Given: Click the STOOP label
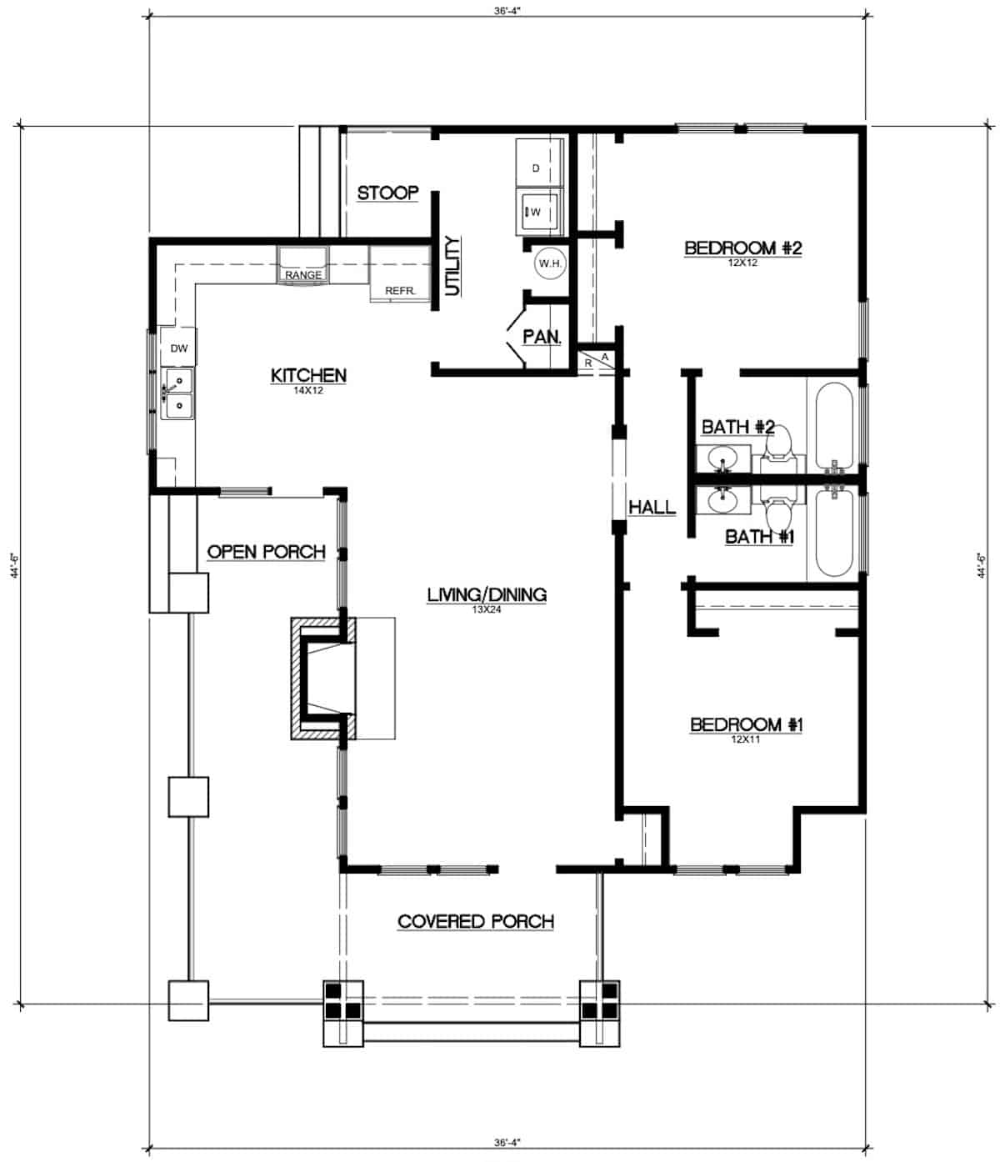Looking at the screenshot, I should click(x=387, y=193).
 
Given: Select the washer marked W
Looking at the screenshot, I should click(x=537, y=212).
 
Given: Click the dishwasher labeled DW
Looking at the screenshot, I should click(x=179, y=348).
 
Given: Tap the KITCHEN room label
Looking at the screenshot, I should click(x=308, y=376).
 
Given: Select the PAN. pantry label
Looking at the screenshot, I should click(x=542, y=337).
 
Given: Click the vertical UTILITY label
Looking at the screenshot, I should click(x=452, y=266).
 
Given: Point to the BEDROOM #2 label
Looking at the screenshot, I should click(x=742, y=248).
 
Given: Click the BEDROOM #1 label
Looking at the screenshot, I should click(x=746, y=725).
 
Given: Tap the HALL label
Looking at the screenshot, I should click(x=652, y=507).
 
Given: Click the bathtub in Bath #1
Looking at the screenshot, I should click(x=833, y=533).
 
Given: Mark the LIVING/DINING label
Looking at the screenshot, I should click(x=487, y=595).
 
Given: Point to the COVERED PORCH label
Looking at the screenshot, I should click(x=475, y=921).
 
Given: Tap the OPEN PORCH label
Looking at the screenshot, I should click(x=266, y=552).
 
